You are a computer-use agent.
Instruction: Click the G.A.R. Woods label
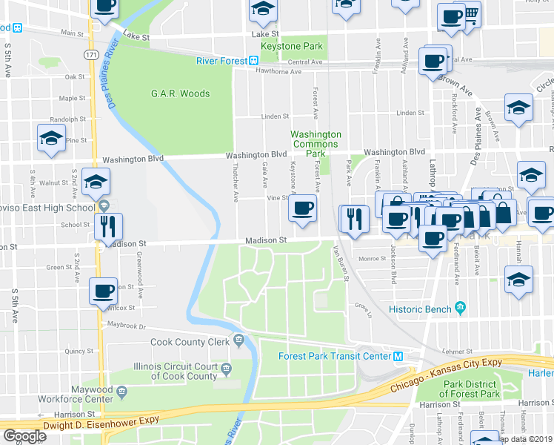pyautogui.click(x=180, y=93)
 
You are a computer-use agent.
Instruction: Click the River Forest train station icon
pyautogui.click(x=253, y=60)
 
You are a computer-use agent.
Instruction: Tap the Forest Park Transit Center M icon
pyautogui.click(x=398, y=356)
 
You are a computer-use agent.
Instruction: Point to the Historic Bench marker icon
pyautogui.click(x=460, y=308)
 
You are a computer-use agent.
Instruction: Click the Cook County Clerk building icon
pyautogui.click(x=238, y=341)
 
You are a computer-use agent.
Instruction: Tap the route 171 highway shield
pyautogui.click(x=91, y=56)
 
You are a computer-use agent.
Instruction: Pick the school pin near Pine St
pyautogui.click(x=51, y=138)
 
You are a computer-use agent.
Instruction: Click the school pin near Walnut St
pyautogui.click(x=96, y=181)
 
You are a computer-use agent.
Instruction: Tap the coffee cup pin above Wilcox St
pyautogui.click(x=103, y=290)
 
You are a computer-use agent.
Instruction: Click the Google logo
pyautogui.click(x=24, y=436)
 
